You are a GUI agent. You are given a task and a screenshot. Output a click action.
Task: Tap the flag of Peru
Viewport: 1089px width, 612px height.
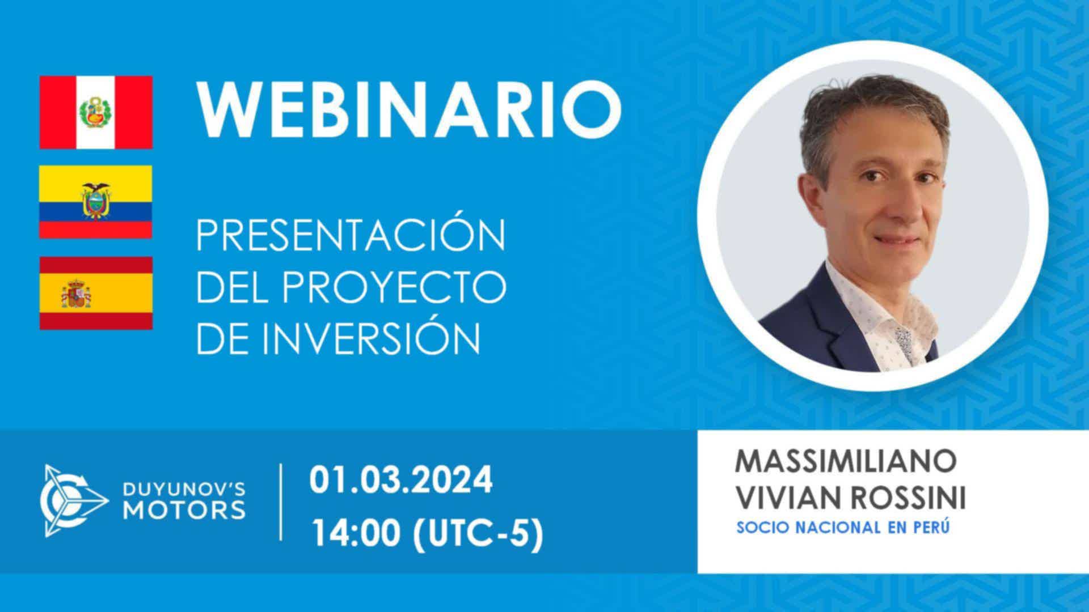[x=96, y=112]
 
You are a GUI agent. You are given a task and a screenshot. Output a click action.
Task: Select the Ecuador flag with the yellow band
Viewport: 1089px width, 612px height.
[x=96, y=202]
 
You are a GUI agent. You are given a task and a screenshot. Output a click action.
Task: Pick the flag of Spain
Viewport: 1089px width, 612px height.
[x=96, y=293]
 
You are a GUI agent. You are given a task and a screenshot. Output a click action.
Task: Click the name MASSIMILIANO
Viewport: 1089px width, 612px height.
[x=846, y=462]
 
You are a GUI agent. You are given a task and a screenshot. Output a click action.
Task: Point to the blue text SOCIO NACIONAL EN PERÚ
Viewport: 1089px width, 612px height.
[x=843, y=528]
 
